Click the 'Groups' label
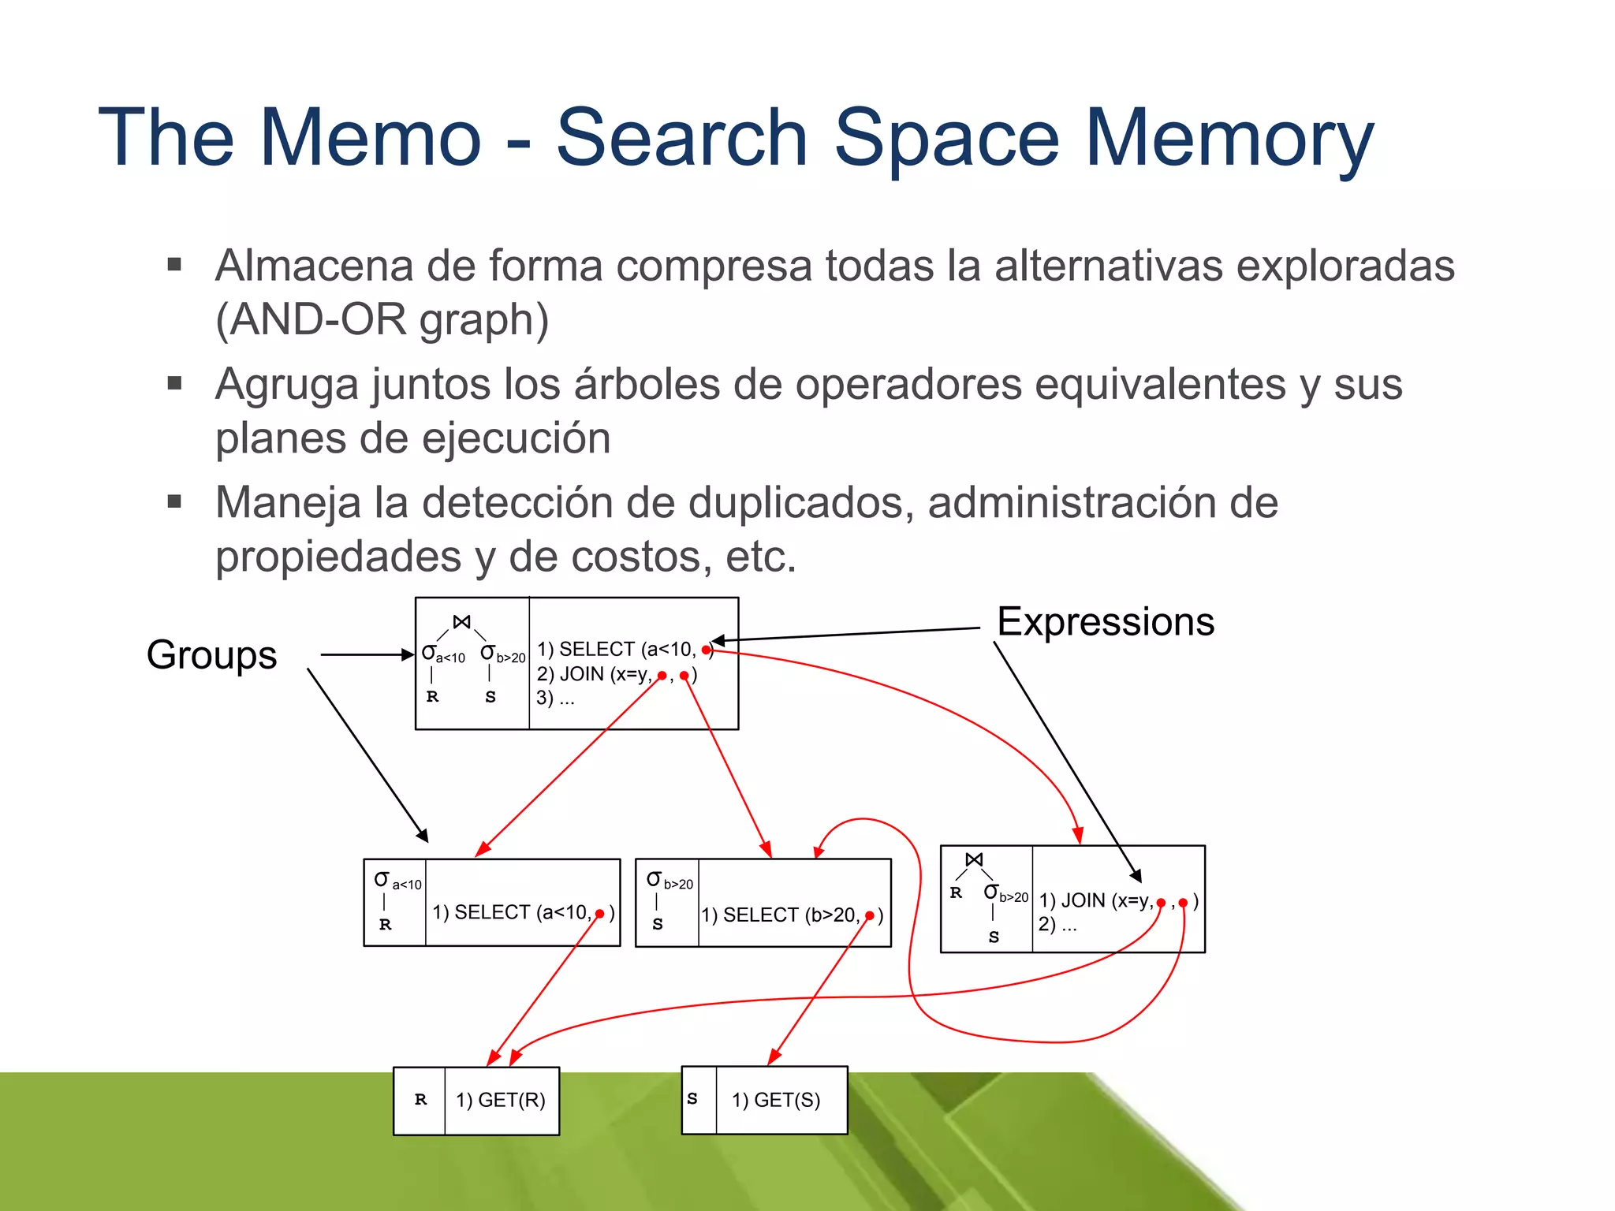pos(211,654)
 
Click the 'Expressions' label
pos(1106,621)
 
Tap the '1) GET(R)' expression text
pos(501,1100)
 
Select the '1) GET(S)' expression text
pos(776,1100)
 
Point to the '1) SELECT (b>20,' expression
pos(781,915)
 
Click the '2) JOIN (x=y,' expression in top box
pos(595,674)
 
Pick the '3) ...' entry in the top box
pos(555,698)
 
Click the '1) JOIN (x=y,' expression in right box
pos(1096,900)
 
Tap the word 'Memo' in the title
pos(371,138)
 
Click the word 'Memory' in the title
pos(1230,138)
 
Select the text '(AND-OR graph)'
pos(382,319)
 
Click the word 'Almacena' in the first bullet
pos(314,266)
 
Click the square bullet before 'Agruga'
pos(175,384)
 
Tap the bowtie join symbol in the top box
pos(462,622)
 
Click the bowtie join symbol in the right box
pos(975,859)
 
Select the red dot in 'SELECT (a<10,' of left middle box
pos(600,914)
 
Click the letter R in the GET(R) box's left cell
pos(420,1100)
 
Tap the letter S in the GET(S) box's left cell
pos(692,1098)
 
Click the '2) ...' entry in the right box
pos(1057,924)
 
